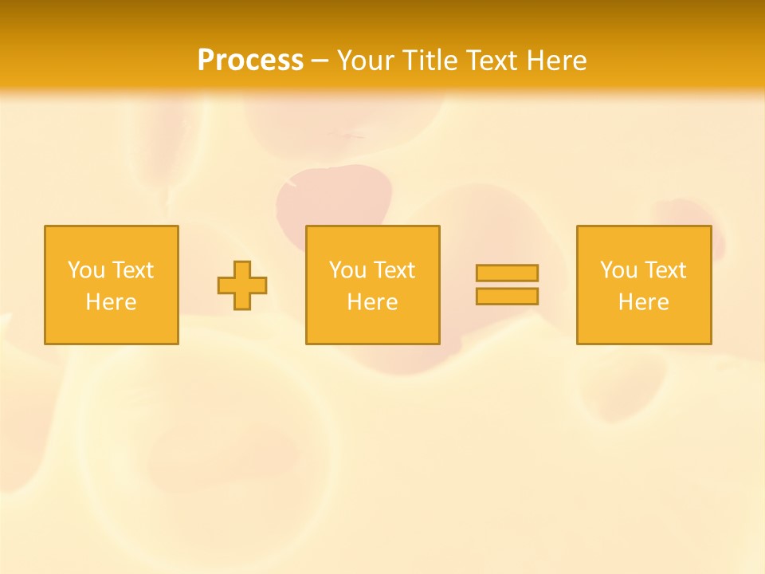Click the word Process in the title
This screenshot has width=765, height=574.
[x=250, y=61]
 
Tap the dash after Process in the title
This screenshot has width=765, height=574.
[x=320, y=61]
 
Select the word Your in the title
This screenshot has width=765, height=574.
[x=367, y=61]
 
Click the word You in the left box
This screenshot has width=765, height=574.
[x=85, y=270]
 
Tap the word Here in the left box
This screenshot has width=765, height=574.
[x=111, y=302]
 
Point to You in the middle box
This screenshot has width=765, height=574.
[x=347, y=270]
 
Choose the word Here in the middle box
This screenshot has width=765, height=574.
[x=372, y=302]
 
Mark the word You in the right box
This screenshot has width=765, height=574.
[x=618, y=270]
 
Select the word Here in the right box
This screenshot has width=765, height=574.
[x=643, y=302]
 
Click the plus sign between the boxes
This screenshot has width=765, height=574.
[x=242, y=285]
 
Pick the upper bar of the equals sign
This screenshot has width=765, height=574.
[x=507, y=273]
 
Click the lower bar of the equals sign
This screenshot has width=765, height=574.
[x=507, y=296]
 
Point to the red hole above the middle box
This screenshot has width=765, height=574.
[x=335, y=195]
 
